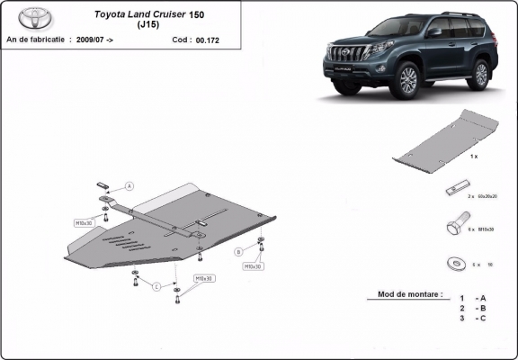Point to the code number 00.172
click(x=208, y=40)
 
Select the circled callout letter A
click(x=129, y=185)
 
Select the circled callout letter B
click(x=239, y=251)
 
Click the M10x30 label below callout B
click(x=253, y=266)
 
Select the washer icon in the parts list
click(x=452, y=264)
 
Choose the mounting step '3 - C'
click(x=474, y=318)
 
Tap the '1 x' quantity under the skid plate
click(x=473, y=157)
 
